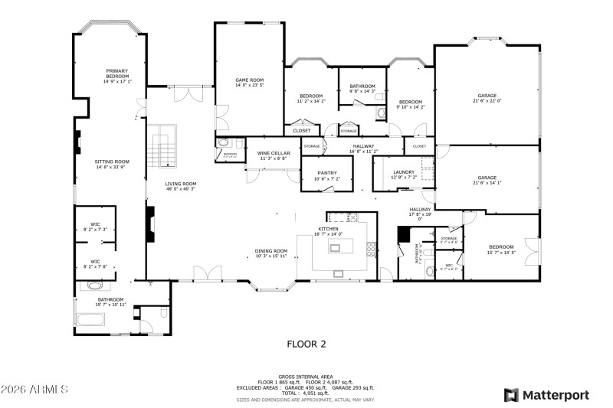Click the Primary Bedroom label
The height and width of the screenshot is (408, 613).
click(117, 75)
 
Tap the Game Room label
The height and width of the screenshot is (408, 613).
click(249, 82)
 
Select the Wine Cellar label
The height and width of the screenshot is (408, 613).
click(274, 155)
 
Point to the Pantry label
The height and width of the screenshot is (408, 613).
click(327, 175)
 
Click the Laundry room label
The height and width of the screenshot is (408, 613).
click(404, 175)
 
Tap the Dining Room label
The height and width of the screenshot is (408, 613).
click(271, 253)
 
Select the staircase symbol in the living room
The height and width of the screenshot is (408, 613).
click(162, 148)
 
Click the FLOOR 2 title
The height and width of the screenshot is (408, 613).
click(306, 344)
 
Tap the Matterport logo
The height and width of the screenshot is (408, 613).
click(546, 395)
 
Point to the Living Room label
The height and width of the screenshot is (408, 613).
click(181, 186)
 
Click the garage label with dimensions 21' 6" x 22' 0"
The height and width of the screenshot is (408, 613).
click(487, 98)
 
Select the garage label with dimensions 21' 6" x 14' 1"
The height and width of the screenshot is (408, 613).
click(487, 180)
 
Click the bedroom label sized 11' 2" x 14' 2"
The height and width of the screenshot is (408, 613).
click(311, 98)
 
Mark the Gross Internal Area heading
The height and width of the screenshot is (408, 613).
click(306, 377)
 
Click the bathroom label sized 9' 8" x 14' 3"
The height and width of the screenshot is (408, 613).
click(362, 89)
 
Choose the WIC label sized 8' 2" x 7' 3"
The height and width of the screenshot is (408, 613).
click(96, 227)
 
